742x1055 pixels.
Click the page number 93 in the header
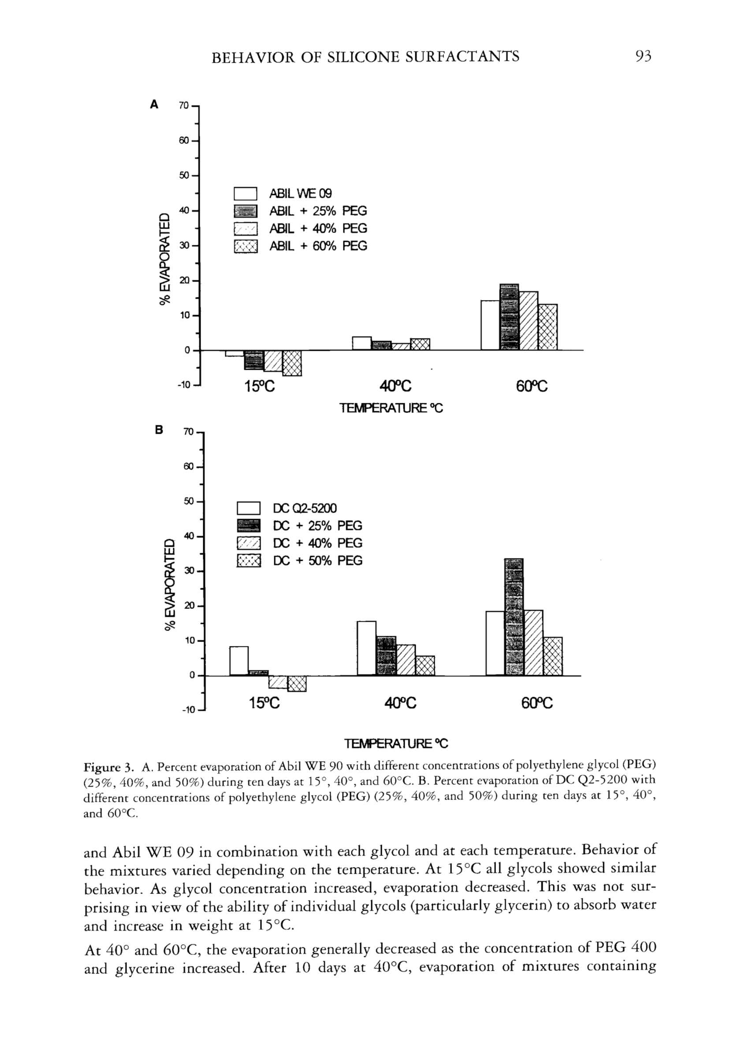tap(643, 56)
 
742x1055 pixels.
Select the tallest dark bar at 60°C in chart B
tap(514, 617)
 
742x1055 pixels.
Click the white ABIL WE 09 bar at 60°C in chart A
tap(490, 325)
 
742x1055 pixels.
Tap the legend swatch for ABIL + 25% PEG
tap(246, 211)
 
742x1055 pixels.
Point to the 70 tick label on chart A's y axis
tap(183, 106)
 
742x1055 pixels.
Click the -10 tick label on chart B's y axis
tap(188, 710)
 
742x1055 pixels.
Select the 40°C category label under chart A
tap(395, 387)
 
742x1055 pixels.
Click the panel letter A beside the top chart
tap(154, 105)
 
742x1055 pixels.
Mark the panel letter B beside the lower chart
tap(159, 431)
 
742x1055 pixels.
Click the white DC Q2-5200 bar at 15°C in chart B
tap(239, 661)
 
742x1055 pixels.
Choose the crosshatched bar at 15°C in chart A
tap(292, 363)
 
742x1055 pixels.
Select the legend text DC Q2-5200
tap(305, 508)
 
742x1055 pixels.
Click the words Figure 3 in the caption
tap(108, 767)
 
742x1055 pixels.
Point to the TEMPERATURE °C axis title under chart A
tap(391, 408)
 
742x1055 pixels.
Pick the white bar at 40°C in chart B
tap(366, 648)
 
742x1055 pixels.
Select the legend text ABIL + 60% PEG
tap(318, 246)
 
